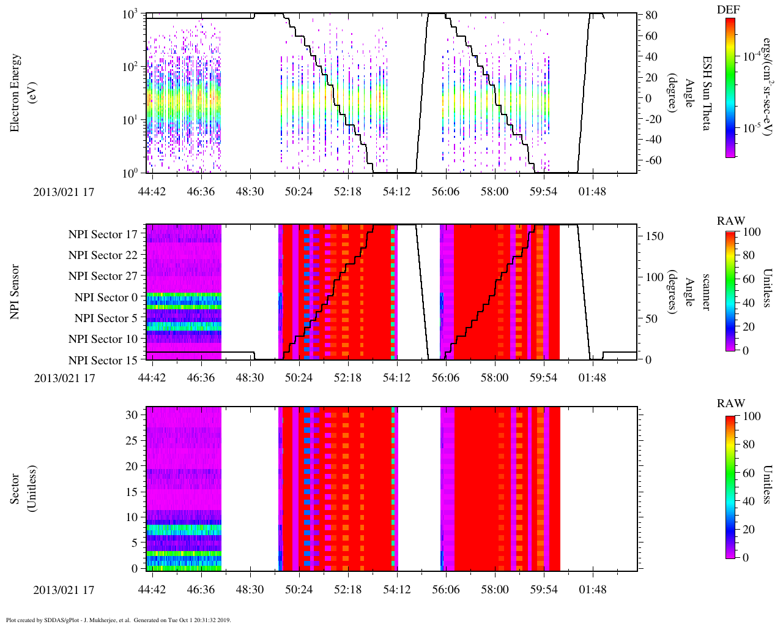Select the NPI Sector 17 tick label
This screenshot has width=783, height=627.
coord(103,235)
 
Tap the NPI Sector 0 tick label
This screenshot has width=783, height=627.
coord(106,298)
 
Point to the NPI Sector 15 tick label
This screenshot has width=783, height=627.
coord(103,361)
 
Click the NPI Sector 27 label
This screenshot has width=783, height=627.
coord(103,276)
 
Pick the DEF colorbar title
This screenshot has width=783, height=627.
coord(728,9)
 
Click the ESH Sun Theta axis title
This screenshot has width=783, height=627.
coord(705,93)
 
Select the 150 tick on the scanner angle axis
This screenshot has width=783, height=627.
coord(655,236)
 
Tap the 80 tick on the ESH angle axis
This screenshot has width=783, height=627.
coord(651,15)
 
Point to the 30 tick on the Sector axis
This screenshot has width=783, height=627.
coord(132,415)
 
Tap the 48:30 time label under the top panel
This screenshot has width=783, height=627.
coord(250,192)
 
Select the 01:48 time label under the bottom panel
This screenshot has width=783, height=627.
coord(592,590)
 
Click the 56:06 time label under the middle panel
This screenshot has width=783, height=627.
coord(445,378)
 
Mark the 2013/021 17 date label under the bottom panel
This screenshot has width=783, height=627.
coord(64,590)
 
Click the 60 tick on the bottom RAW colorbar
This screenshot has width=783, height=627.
coord(748,473)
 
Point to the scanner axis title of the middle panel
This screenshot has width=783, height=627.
coord(705,292)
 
